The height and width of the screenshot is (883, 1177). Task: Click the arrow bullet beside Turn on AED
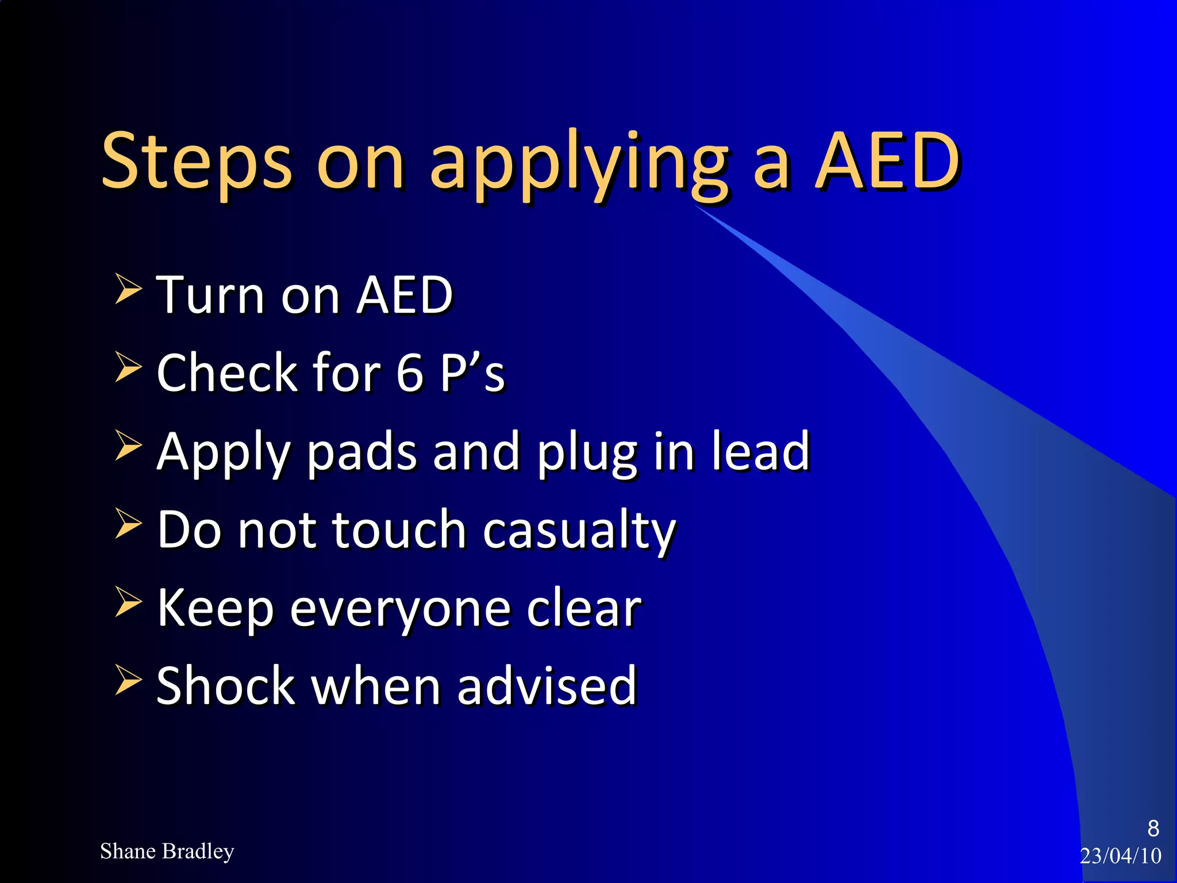128,289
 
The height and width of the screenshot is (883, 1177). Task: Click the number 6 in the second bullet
410,373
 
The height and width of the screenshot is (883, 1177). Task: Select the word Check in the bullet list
228,373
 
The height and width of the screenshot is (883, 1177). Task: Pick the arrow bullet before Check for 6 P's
128,367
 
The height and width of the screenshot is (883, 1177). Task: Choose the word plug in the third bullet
587,454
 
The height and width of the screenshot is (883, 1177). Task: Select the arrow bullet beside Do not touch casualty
128,524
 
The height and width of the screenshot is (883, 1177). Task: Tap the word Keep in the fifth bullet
215,609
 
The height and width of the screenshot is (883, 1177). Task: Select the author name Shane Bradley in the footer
167,851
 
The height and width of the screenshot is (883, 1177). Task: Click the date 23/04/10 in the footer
1121,856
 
